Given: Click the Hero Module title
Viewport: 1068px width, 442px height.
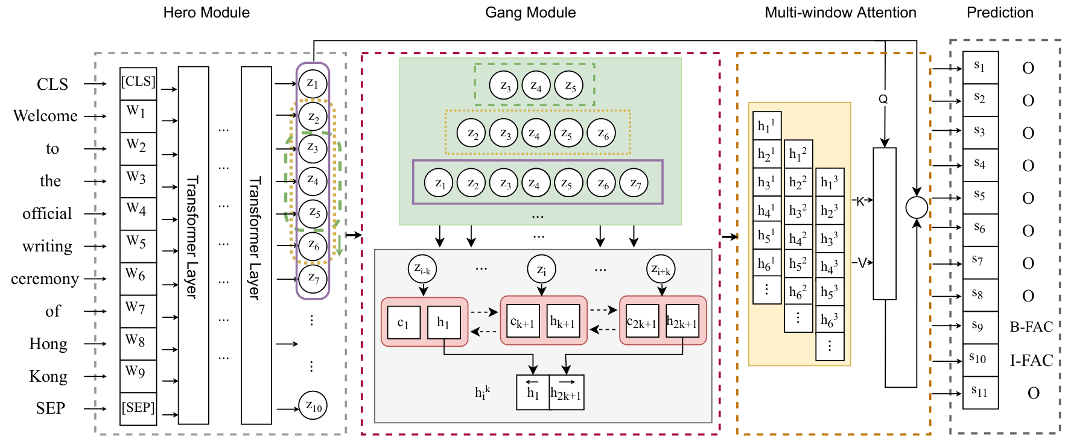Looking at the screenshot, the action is [206, 13].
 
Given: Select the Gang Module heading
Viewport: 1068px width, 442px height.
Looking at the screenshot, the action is [530, 13].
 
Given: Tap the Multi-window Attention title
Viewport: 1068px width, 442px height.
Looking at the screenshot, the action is [841, 13].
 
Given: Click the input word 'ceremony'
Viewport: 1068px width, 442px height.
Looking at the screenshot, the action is [45, 279].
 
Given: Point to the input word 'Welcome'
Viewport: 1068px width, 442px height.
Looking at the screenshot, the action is [45, 116].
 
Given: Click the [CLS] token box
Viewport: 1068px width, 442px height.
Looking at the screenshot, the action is [138, 83].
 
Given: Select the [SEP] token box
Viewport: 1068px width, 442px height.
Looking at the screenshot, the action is [138, 408].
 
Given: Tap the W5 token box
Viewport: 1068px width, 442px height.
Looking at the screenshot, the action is [138, 246].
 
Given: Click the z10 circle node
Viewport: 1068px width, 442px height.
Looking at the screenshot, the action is [313, 406].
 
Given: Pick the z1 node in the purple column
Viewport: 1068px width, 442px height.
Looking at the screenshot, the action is [313, 84].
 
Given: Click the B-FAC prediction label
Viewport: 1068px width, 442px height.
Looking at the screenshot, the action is [1031, 327].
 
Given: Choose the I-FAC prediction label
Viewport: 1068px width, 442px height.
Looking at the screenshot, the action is [1031, 361].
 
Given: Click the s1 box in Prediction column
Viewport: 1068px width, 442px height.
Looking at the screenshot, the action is [980, 68].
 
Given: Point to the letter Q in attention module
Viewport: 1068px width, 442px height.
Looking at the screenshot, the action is [883, 99].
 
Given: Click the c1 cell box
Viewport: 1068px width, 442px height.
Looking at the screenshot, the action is [404, 322].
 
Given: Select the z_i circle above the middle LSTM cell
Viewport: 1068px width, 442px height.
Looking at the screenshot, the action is [542, 269].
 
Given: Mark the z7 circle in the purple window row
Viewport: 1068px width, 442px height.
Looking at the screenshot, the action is [634, 183].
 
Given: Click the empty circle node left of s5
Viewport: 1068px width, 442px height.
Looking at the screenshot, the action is [917, 207].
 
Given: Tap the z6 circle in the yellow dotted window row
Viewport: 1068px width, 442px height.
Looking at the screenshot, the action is [602, 134].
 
